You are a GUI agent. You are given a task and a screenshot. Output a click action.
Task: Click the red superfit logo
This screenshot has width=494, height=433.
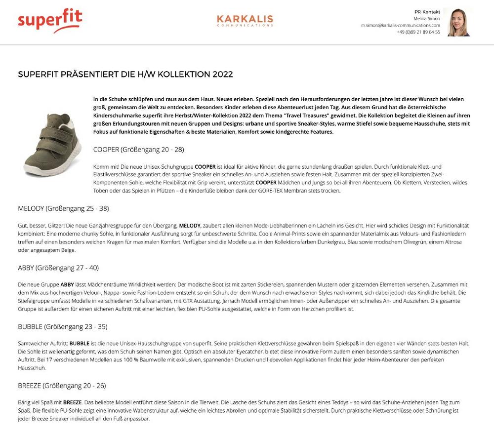[x=50, y=21]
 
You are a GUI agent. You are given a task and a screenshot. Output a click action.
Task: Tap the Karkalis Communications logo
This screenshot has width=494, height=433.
[x=245, y=21]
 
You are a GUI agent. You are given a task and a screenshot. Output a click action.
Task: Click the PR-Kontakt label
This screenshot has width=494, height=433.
[x=427, y=11]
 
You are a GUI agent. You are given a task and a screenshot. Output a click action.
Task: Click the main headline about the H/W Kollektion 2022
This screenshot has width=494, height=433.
[x=125, y=75]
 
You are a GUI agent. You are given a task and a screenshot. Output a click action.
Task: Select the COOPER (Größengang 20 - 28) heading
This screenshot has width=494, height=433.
[x=138, y=149]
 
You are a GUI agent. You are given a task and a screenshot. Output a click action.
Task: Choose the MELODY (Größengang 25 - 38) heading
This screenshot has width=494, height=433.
[x=63, y=208]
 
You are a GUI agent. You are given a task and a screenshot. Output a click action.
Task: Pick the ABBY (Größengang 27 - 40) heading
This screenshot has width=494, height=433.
[x=58, y=268]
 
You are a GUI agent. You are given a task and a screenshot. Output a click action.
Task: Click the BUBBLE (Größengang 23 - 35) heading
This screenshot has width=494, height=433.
[x=62, y=327]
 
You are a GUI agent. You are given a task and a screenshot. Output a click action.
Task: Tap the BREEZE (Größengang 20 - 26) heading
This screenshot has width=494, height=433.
[x=62, y=386]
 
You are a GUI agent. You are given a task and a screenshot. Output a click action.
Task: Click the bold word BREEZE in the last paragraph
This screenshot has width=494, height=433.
[x=72, y=402]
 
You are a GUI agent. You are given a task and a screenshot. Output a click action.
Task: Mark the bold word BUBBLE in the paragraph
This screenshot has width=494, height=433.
[x=80, y=343]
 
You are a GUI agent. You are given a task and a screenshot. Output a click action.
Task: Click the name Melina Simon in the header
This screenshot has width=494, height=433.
[x=426, y=18]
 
